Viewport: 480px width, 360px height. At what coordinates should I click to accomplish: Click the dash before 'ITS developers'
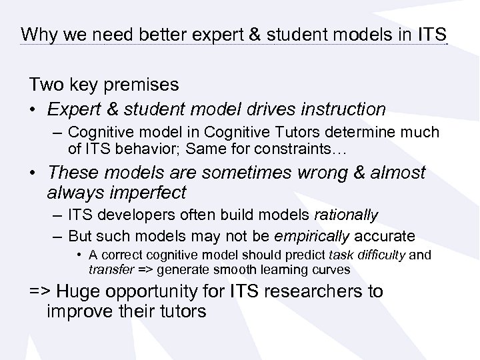coord(55,216)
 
